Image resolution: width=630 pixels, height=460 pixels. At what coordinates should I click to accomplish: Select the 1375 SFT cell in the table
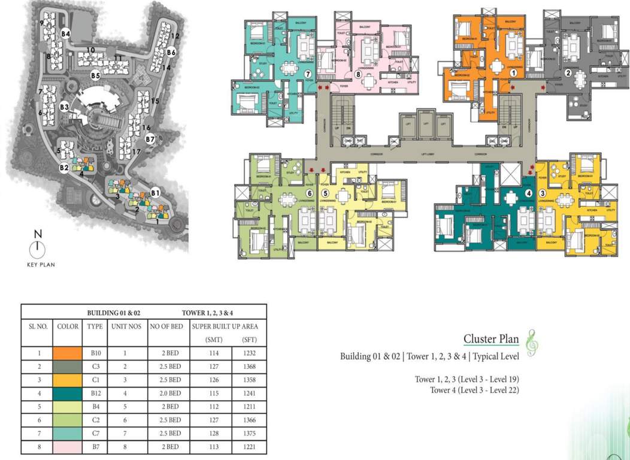[250, 433]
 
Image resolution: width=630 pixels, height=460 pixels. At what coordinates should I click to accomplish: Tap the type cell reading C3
[95, 367]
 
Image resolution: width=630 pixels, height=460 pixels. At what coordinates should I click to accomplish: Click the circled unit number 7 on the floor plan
[308, 74]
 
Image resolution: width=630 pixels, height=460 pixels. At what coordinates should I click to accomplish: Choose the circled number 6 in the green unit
[310, 193]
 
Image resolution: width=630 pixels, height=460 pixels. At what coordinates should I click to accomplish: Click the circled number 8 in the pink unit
[358, 75]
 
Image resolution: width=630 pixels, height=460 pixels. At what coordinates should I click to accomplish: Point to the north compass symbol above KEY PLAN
[38, 247]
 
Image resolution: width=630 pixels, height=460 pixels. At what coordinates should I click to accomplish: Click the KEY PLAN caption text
[40, 264]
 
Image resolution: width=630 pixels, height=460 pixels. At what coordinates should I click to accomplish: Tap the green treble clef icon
[530, 341]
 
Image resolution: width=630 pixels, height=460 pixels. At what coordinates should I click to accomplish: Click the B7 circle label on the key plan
[150, 139]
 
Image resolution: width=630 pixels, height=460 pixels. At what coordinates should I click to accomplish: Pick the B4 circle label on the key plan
[66, 34]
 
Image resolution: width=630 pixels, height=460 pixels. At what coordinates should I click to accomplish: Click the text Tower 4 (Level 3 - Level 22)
[474, 390]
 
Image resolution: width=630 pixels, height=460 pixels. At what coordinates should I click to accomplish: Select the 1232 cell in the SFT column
[250, 353]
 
